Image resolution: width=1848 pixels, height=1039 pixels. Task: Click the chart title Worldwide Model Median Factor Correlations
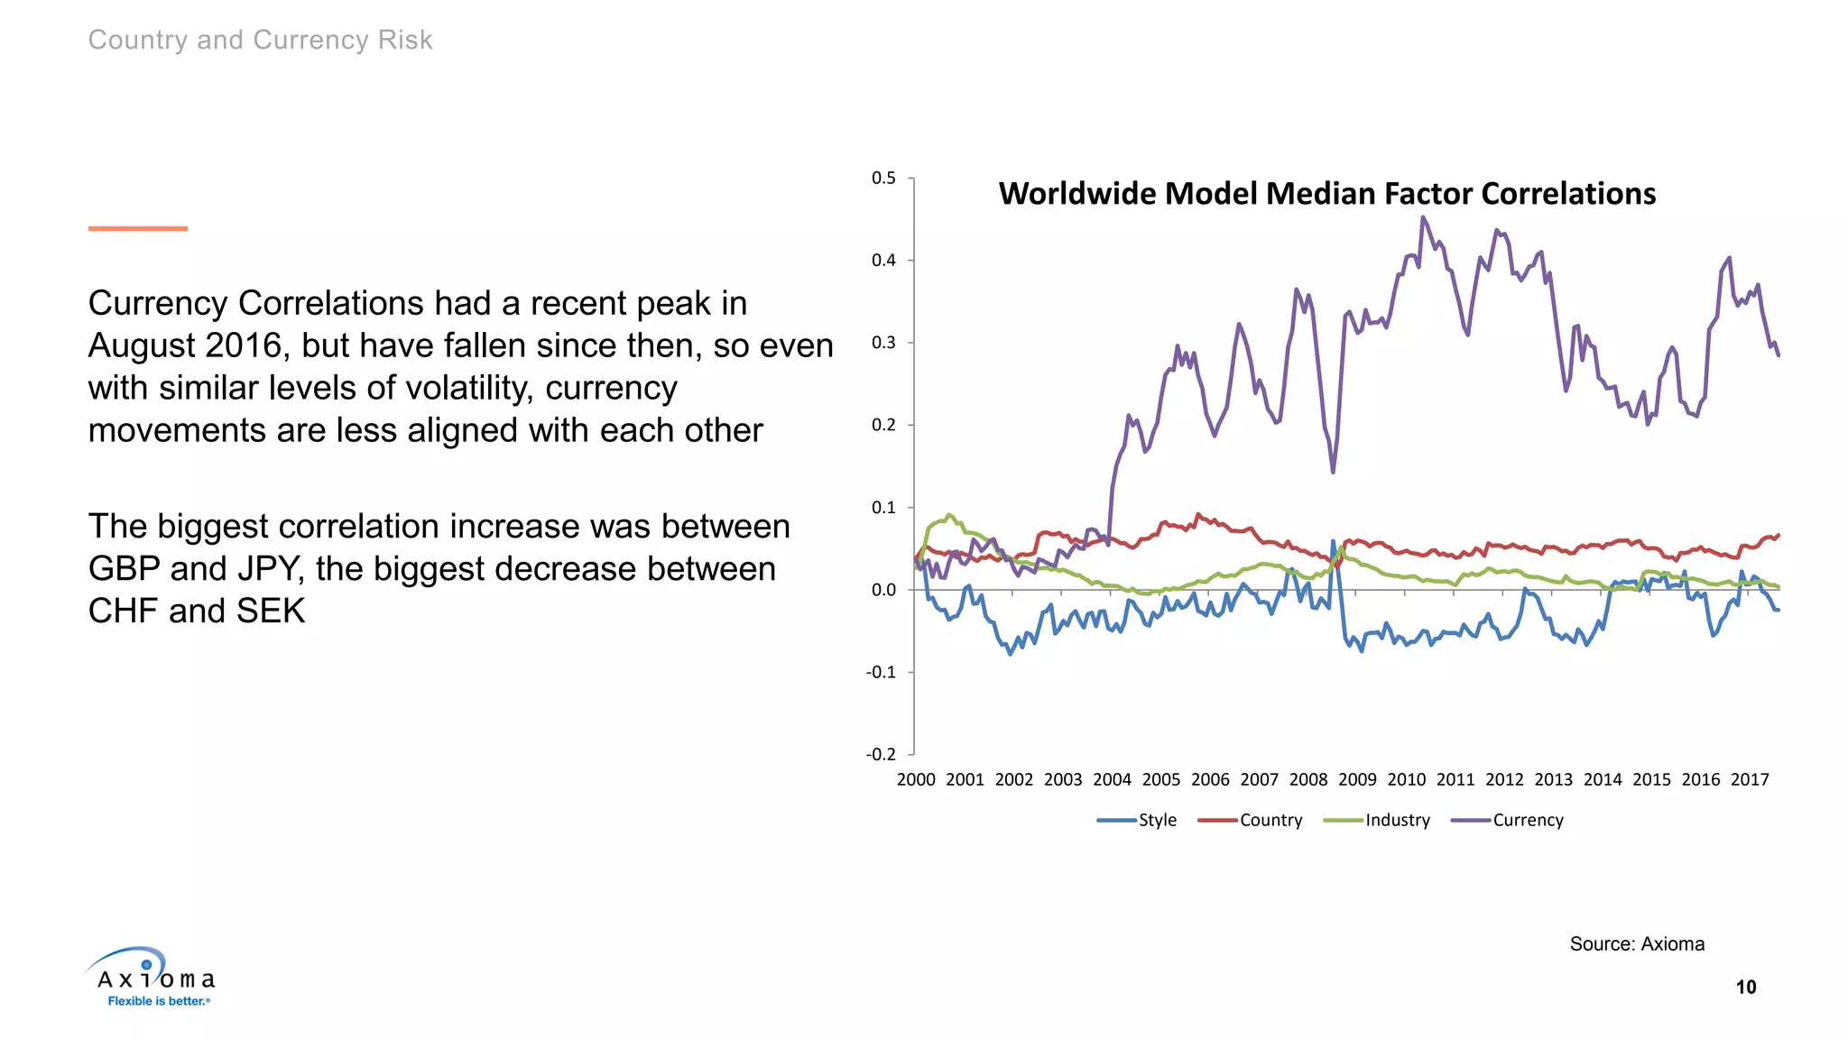[1326, 194]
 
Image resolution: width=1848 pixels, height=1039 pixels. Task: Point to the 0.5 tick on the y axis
[883, 178]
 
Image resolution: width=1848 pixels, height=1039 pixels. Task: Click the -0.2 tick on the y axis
[881, 754]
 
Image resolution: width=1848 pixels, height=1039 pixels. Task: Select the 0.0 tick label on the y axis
[883, 590]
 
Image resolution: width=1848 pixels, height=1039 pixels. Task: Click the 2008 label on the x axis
[1308, 779]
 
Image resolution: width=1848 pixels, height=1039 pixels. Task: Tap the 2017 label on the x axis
[1750, 779]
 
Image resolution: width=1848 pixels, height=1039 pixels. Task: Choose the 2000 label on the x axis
[916, 779]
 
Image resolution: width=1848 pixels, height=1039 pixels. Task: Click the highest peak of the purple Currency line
[1423, 217]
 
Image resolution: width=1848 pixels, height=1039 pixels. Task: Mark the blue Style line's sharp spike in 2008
[1333, 542]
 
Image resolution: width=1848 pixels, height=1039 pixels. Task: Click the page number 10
[1746, 987]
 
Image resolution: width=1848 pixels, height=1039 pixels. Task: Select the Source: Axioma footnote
[1637, 943]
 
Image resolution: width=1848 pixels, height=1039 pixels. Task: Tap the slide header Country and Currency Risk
[260, 40]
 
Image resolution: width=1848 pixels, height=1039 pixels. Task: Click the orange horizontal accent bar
[138, 228]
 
